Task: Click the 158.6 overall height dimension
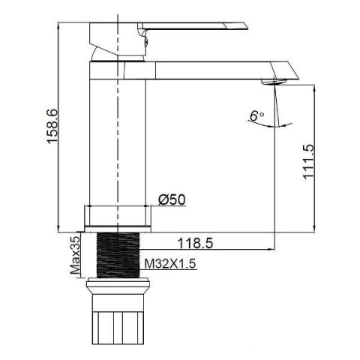pyautogui.click(x=52, y=126)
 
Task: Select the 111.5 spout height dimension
pyautogui.click(x=308, y=161)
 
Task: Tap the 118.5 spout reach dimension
pyautogui.click(x=195, y=243)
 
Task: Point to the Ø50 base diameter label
pyautogui.click(x=172, y=199)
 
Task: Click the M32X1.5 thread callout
pyautogui.click(x=170, y=264)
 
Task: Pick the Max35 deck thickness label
pyautogui.click(x=76, y=255)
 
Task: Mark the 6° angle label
pyautogui.click(x=256, y=115)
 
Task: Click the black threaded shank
pyautogui.click(x=118, y=255)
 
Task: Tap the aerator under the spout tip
pyautogui.click(x=273, y=82)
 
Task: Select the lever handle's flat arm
pyautogui.click(x=193, y=26)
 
